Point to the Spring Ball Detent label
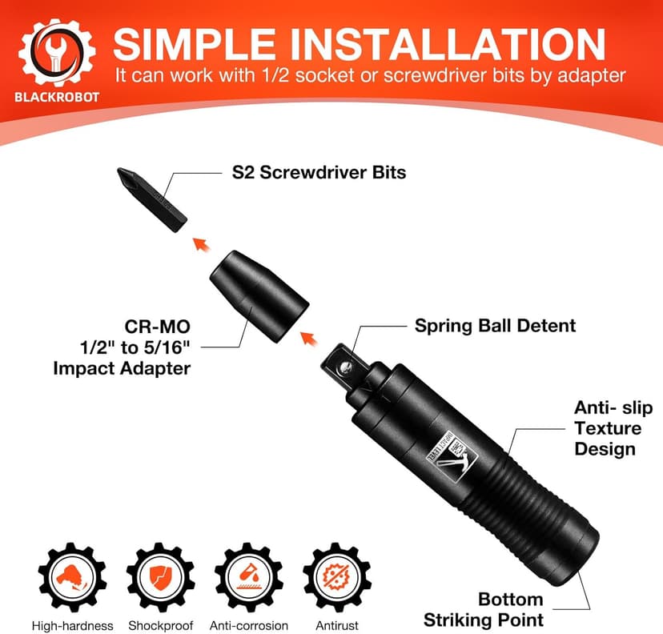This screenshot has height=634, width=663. pos(495,326)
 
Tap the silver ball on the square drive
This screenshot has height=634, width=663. pos(344,366)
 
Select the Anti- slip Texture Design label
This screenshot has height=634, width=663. pos(613,428)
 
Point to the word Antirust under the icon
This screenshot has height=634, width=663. pos(336,625)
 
